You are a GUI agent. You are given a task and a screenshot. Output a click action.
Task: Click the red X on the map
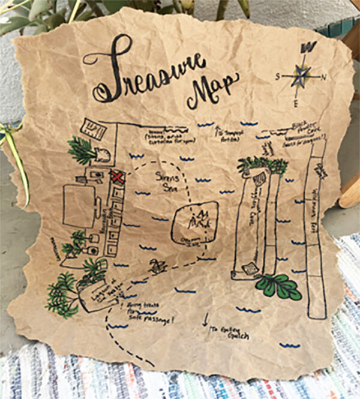point(117,177)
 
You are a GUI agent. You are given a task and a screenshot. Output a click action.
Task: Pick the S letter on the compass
point(278,77)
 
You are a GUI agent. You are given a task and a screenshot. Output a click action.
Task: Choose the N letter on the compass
point(323,77)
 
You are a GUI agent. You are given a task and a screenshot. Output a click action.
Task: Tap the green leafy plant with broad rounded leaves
point(279,286)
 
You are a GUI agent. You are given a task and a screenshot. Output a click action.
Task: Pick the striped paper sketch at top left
point(94,128)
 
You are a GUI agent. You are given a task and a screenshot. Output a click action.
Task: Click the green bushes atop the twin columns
point(262,164)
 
